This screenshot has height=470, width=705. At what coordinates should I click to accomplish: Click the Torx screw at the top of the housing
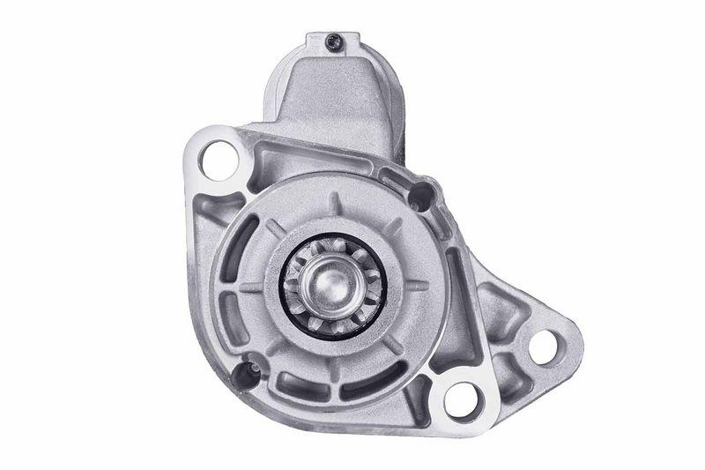336,39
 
